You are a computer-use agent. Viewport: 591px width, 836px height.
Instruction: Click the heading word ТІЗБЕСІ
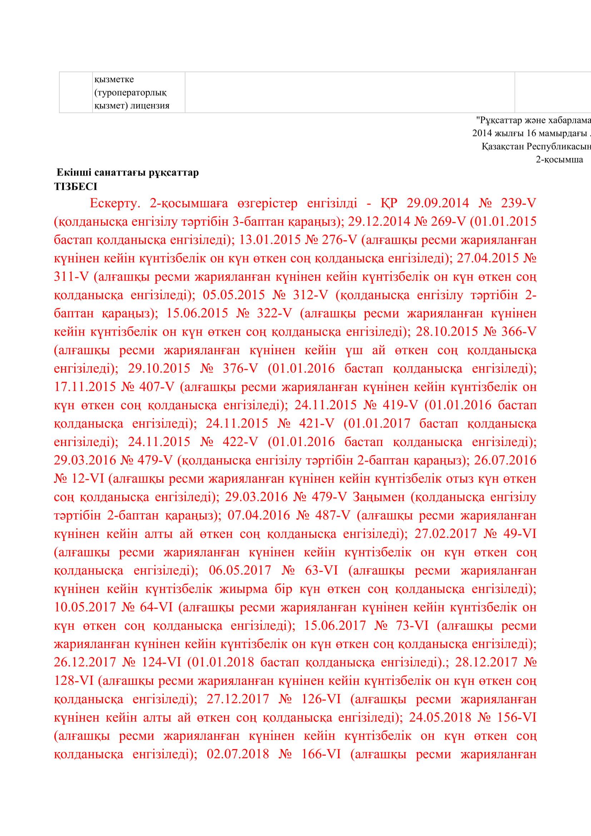(75, 187)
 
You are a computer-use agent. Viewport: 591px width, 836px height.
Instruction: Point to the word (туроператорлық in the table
(130, 93)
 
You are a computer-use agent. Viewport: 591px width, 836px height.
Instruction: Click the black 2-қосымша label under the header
(559, 159)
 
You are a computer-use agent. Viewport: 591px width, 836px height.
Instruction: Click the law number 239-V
(518, 203)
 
